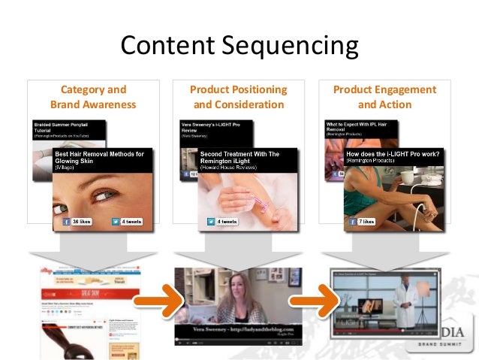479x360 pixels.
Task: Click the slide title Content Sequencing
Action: pyautogui.click(x=239, y=47)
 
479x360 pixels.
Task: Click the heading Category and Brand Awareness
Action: pyautogui.click(x=93, y=97)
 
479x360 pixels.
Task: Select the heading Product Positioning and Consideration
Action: pyautogui.click(x=239, y=97)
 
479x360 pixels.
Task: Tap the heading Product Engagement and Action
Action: pyautogui.click(x=384, y=97)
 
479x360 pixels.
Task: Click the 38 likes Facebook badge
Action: pyautogui.click(x=78, y=222)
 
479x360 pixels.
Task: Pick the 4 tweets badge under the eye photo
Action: pyautogui.click(x=127, y=222)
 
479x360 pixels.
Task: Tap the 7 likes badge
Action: pyautogui.click(x=366, y=222)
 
